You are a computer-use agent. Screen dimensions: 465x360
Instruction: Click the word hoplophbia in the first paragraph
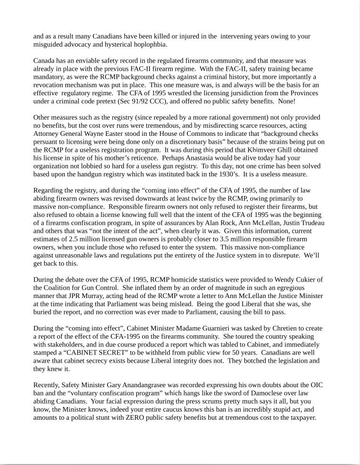pyautogui.click(x=150, y=45)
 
